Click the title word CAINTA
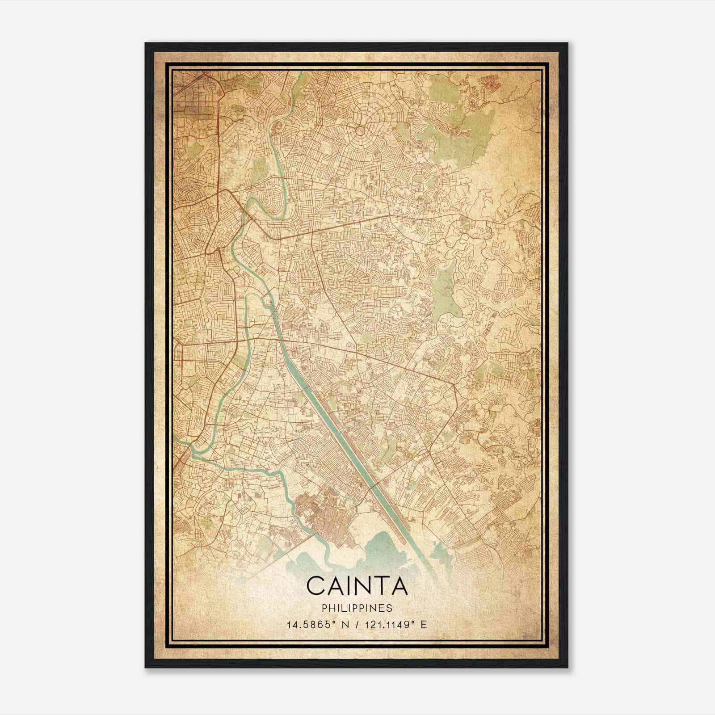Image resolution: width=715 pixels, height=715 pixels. (357, 586)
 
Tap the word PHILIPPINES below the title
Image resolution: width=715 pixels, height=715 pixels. (357, 608)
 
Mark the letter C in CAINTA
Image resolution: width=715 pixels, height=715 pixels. (315, 586)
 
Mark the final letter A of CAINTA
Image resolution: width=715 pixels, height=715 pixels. (400, 586)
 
